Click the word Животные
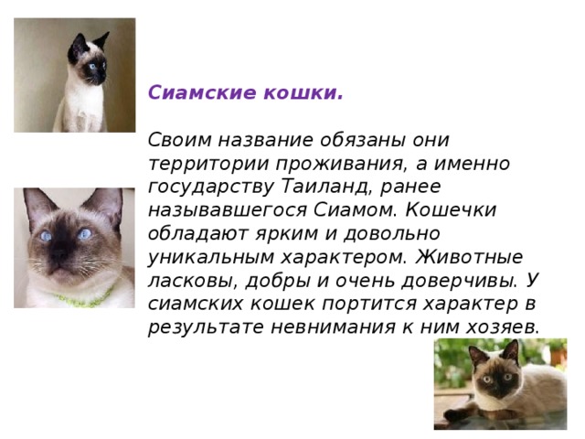[454, 255]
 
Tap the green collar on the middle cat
[77, 298]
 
